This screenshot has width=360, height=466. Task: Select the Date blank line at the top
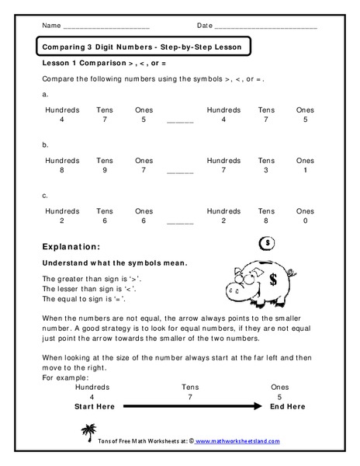pyautogui.click(x=266, y=26)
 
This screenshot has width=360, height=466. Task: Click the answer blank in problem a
pyautogui.click(x=180, y=122)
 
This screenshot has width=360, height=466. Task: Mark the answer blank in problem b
pyautogui.click(x=180, y=172)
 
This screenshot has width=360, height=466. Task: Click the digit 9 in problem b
pyautogui.click(x=104, y=170)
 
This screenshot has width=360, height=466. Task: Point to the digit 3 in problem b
pyautogui.click(x=266, y=170)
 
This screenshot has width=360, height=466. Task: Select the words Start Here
pyautogui.click(x=94, y=406)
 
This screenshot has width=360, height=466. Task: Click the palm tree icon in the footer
pyautogui.click(x=86, y=432)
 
